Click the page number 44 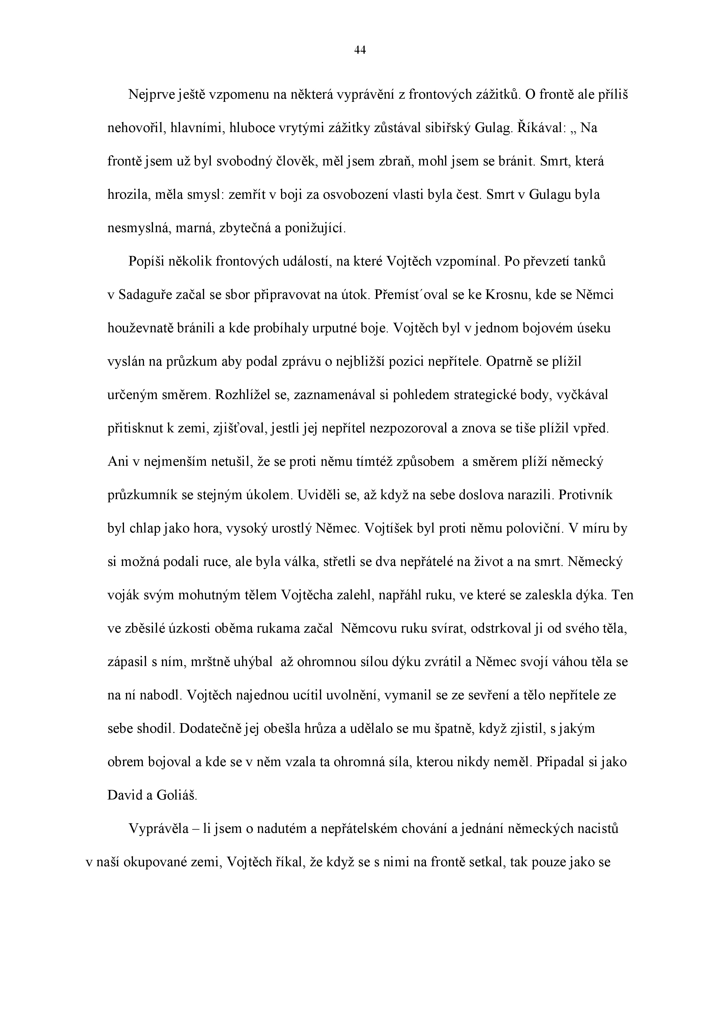click(x=360, y=50)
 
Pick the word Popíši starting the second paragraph click(x=146, y=261)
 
